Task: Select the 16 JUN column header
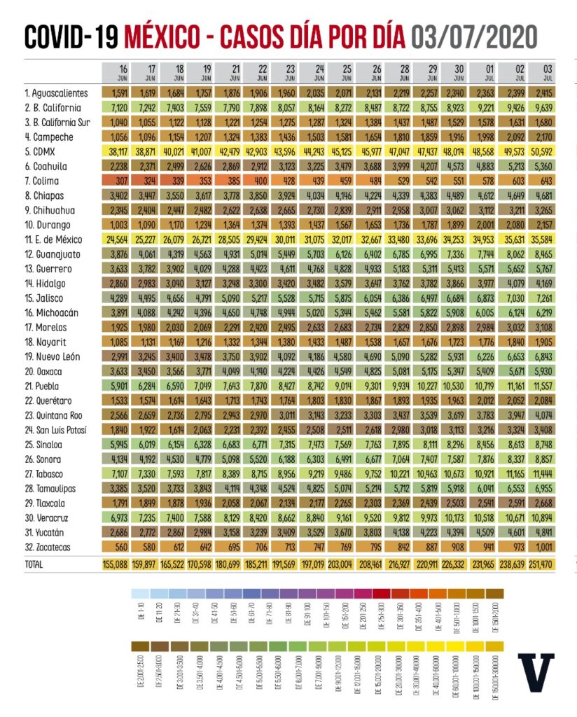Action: point(123,73)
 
